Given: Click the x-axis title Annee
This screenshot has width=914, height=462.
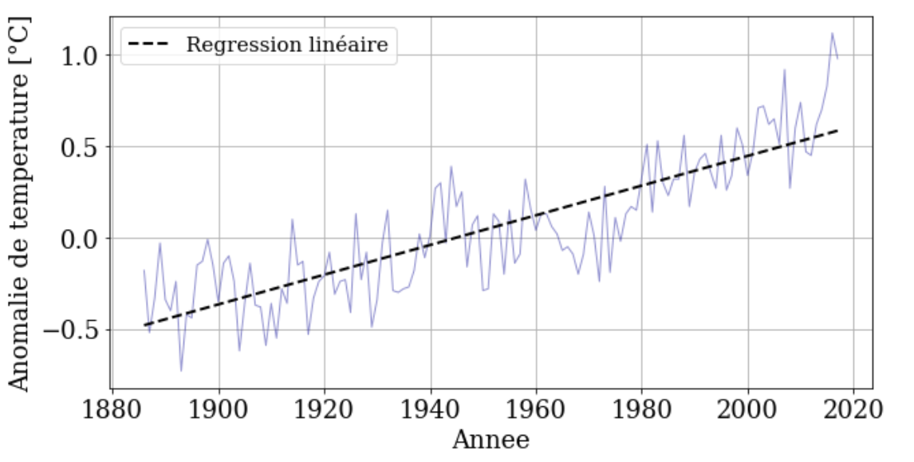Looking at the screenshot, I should click(x=490, y=440).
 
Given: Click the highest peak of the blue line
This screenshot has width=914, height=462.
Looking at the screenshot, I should click(x=832, y=33).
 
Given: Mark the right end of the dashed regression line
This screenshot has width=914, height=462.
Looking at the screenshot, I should click(x=837, y=129).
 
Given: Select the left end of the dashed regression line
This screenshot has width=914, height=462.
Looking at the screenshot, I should click(x=144, y=325).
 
